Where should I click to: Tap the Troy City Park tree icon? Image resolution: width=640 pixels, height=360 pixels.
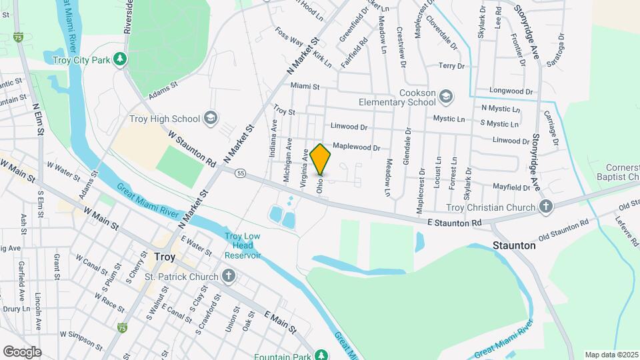120,59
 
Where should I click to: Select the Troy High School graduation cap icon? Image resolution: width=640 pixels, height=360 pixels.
211,119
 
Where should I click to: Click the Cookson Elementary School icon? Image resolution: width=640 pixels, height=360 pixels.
445,98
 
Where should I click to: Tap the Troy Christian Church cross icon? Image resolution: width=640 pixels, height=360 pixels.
546,207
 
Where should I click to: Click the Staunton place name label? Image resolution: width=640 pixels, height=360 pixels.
514,245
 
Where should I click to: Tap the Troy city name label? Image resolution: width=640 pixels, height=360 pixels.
164,255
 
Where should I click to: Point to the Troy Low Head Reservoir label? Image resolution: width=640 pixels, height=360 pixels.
241,245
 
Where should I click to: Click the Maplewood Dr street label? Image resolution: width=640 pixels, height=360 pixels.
356,147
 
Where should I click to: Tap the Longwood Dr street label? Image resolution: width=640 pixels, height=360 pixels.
511,91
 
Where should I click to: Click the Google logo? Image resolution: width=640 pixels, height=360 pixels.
22,351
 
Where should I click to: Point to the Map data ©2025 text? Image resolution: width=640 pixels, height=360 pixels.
611,355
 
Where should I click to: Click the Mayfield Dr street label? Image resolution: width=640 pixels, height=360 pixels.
511,188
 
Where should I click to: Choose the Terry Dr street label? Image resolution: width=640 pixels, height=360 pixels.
451,66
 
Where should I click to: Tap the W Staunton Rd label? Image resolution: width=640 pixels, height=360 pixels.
193,148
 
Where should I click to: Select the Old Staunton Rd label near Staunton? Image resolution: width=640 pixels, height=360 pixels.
564,229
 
